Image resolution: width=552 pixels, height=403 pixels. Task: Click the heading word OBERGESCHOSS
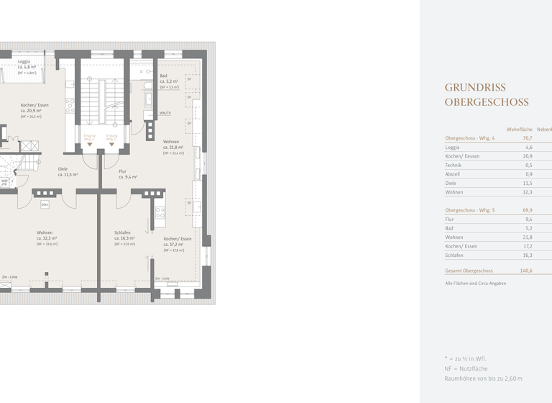[x=486, y=102]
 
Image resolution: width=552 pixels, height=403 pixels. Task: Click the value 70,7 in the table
[x=527, y=138]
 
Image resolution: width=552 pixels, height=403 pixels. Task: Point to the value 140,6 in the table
[x=526, y=271]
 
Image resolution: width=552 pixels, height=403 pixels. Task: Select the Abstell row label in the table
[x=453, y=174]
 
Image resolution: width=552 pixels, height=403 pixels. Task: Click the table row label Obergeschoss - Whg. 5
[x=470, y=210]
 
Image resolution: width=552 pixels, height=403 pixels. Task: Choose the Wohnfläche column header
[x=520, y=129]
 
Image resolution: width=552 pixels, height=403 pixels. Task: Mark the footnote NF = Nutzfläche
[x=466, y=368]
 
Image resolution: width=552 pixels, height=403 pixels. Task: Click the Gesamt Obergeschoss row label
[x=469, y=271]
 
